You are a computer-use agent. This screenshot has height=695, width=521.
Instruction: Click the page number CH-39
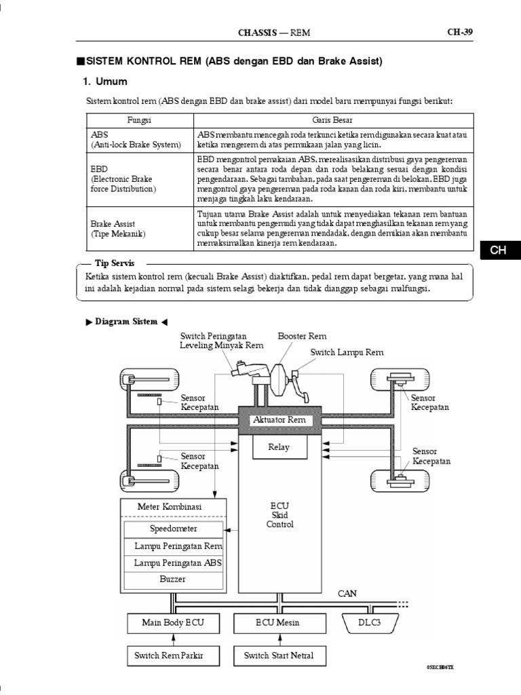pyautogui.click(x=459, y=31)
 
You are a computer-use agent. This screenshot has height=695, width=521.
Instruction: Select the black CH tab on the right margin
pyautogui.click(x=499, y=250)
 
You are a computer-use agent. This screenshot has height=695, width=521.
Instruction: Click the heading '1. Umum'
pyautogui.click(x=105, y=81)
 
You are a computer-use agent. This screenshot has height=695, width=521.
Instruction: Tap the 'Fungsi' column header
pyautogui.click(x=140, y=120)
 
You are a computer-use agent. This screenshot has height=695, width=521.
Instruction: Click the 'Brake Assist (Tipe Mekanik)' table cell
pyautogui.click(x=140, y=228)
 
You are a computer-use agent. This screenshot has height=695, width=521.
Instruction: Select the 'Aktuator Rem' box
pyautogui.click(x=279, y=420)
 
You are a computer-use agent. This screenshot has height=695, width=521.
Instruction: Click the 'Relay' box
pyautogui.click(x=279, y=447)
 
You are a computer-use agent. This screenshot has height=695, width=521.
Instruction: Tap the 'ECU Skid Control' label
pyautogui.click(x=279, y=515)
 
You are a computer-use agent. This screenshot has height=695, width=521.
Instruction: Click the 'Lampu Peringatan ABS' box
pyautogui.click(x=178, y=563)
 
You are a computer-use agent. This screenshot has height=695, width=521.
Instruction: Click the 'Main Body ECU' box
pyautogui.click(x=172, y=622)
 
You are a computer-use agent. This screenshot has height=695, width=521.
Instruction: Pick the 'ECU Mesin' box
pyautogui.click(x=277, y=622)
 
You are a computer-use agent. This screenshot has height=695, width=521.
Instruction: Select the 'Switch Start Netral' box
pyautogui.click(x=278, y=656)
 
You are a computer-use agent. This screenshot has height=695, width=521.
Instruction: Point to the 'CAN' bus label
pyautogui.click(x=347, y=593)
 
